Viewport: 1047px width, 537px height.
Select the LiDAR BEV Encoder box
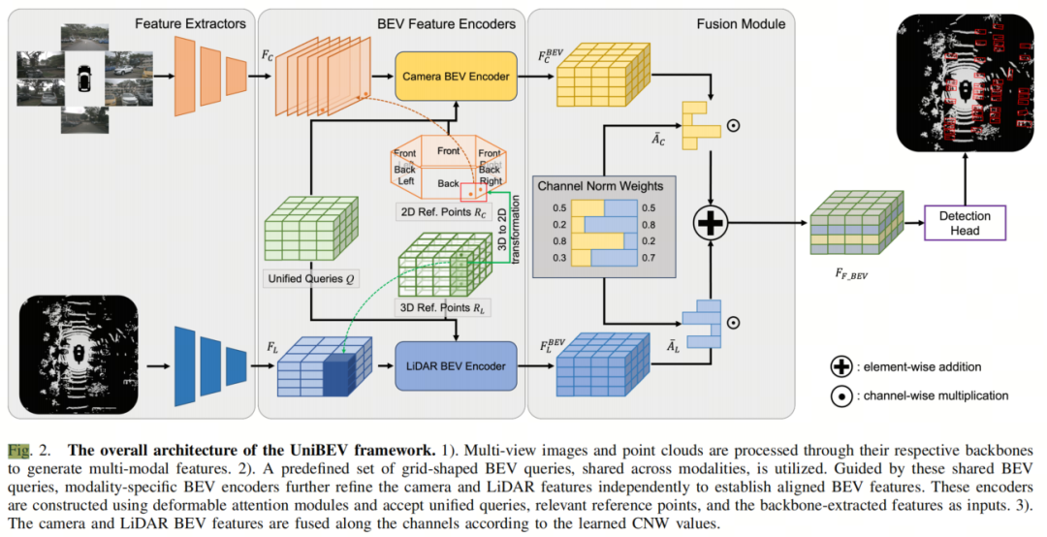click(x=451, y=365)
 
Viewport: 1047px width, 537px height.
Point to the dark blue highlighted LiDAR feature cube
click(x=342, y=373)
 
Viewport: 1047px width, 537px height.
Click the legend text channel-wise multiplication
click(x=937, y=395)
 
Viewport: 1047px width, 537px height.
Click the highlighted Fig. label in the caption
click(x=19, y=451)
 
